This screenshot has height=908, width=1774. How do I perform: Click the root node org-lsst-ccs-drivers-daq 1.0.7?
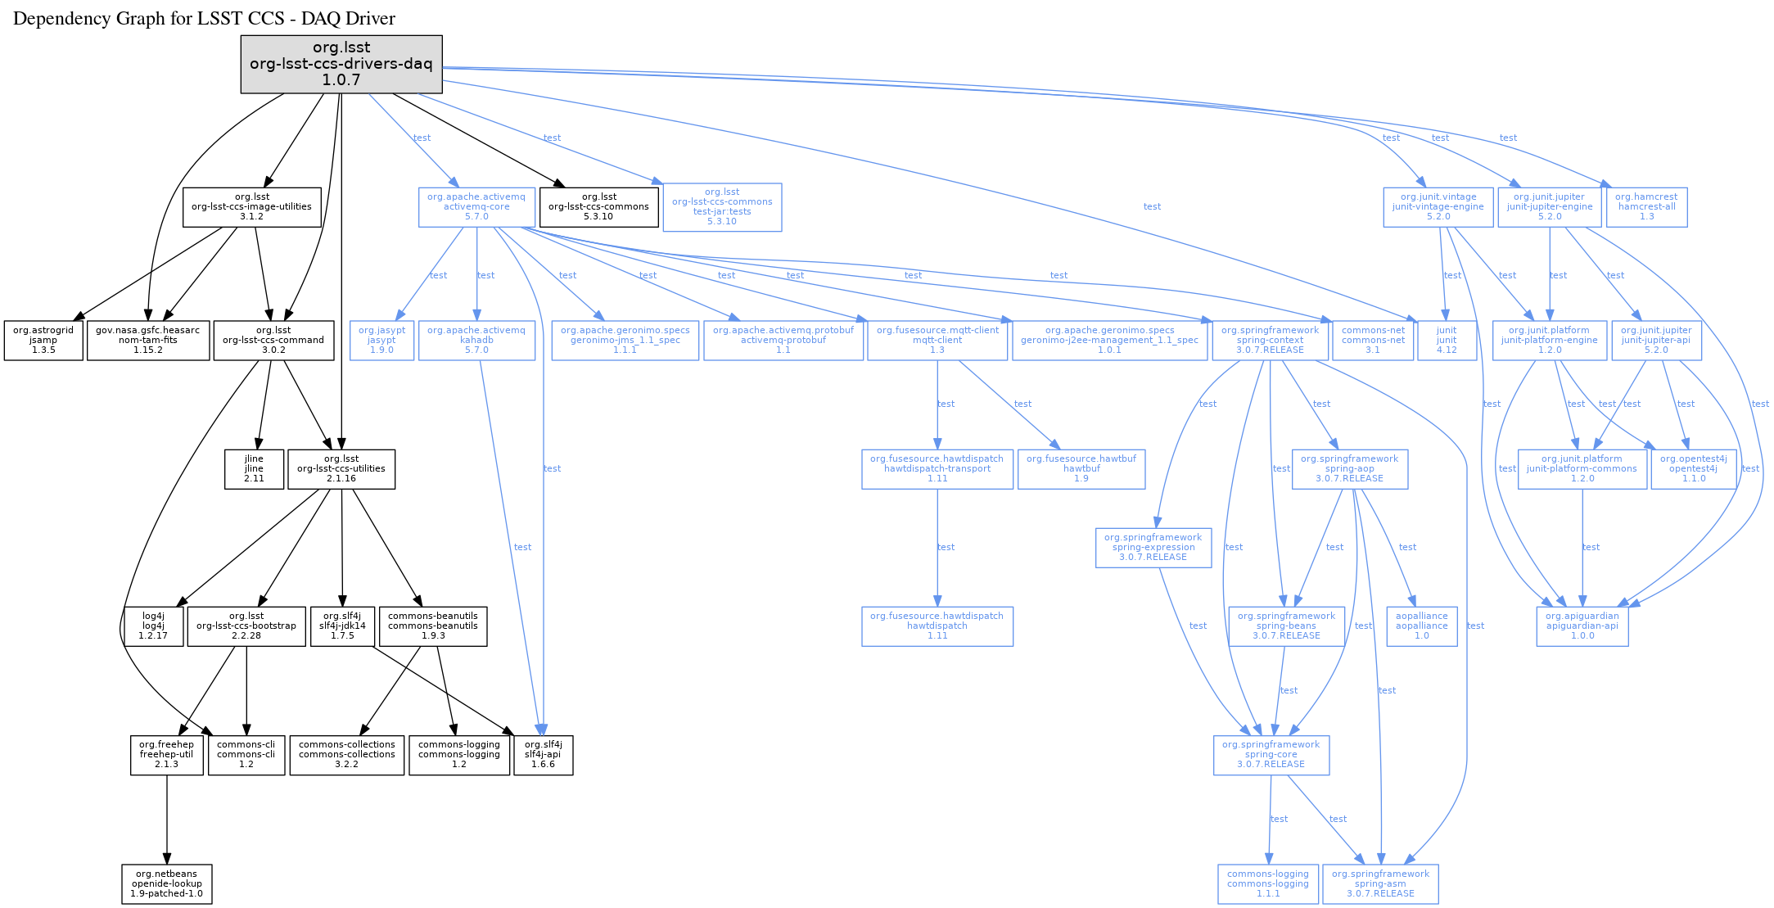coord(341,64)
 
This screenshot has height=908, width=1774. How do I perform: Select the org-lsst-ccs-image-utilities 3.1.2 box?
coord(251,207)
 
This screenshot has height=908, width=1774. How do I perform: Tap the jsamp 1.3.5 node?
coord(43,341)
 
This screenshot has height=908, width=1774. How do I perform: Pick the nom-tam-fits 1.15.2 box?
coord(147,341)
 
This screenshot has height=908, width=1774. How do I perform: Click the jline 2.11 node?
coord(254,469)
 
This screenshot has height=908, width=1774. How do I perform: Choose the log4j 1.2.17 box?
coord(153,626)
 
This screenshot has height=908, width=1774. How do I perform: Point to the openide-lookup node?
coord(167,884)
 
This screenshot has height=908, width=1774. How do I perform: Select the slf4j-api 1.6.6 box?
coord(543,755)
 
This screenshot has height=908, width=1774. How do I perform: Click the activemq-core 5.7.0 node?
coord(476,207)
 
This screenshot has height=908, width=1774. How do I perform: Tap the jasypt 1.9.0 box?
coord(381,341)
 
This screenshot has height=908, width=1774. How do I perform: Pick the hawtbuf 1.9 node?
coord(1081,469)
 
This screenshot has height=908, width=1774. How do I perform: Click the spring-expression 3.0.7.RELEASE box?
coord(1153,548)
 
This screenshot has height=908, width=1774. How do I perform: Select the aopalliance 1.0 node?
coord(1421,626)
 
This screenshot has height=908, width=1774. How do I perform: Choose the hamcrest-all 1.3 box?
coord(1646,207)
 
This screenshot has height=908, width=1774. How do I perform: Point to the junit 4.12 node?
coord(1447,341)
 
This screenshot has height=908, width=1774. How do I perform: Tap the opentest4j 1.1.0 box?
coord(1693,469)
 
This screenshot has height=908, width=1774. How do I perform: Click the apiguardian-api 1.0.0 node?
coord(1582,626)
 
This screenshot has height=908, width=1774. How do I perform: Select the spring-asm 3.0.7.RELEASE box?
coord(1380,884)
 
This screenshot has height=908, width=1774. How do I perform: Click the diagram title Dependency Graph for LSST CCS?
coord(204,19)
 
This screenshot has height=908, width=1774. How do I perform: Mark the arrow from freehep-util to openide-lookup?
coord(167,819)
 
